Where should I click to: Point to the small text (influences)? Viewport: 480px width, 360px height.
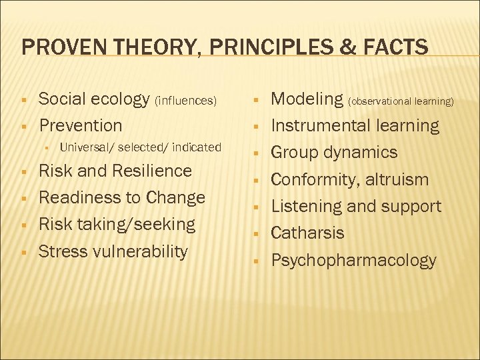point(186,101)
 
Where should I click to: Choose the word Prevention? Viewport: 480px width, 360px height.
point(81,125)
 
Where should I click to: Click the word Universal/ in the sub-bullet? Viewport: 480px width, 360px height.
point(85,147)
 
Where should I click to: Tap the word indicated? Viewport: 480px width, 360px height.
point(197,147)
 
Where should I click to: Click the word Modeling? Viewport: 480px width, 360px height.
point(307,99)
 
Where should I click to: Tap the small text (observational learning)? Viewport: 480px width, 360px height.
point(401,101)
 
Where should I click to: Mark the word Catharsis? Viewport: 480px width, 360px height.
point(307,233)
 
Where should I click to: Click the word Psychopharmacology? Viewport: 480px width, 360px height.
point(353,260)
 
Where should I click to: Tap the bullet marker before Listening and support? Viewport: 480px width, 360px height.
point(256,207)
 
